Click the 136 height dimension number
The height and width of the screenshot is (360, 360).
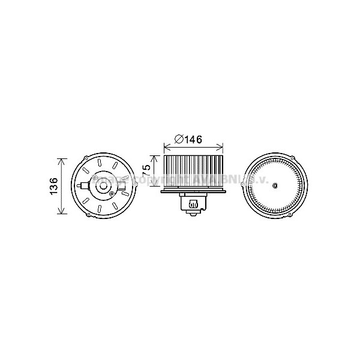53,186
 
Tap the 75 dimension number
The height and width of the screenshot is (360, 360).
146,172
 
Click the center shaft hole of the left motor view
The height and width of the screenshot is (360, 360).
101,187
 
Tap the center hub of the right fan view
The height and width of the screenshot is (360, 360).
275,187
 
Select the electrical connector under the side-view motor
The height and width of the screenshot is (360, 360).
193,206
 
